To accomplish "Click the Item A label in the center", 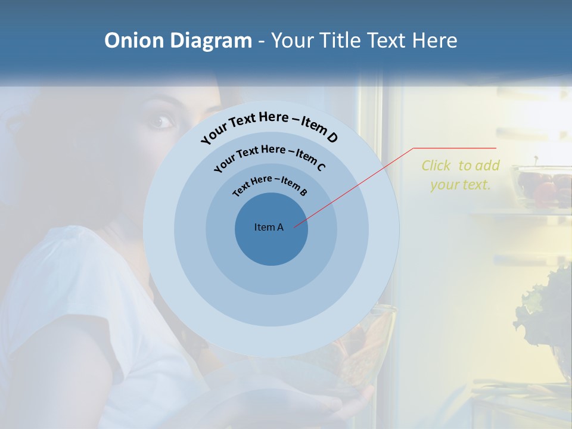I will pyautogui.click(x=269, y=227).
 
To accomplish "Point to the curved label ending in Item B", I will pyautogui.click(x=270, y=185).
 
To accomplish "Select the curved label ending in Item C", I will pyautogui.click(x=269, y=158).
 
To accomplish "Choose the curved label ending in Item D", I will pyautogui.click(x=269, y=127).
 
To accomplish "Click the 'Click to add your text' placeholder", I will pyautogui.click(x=461, y=175).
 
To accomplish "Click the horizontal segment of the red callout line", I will pyautogui.click(x=455, y=148).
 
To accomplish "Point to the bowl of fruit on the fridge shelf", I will pyautogui.click(x=543, y=185).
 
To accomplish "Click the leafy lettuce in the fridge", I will pyautogui.click(x=542, y=310).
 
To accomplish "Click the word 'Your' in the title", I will pyautogui.click(x=296, y=41).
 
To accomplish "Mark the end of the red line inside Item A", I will pyautogui.click(x=294, y=226).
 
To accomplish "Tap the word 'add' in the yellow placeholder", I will pyautogui.click(x=487, y=166).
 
